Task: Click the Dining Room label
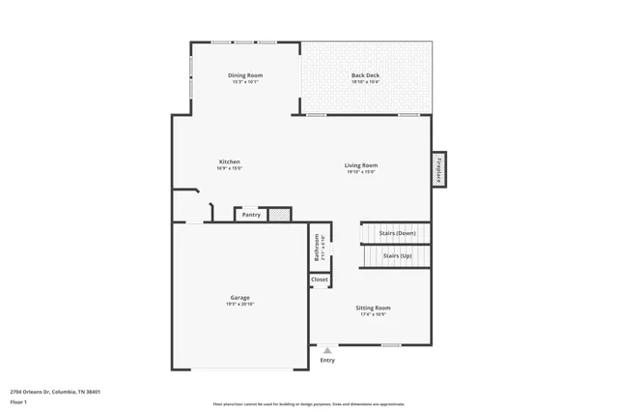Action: point(245,75)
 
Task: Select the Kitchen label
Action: point(229,162)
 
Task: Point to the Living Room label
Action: point(361,165)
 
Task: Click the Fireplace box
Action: point(438,169)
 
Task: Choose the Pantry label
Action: point(251,215)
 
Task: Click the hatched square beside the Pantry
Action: point(279,214)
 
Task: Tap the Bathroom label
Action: point(317,247)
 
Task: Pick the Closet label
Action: point(320,280)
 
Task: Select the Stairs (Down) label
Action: point(397,233)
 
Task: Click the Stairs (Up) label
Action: point(397,256)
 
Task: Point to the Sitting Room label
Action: point(373,308)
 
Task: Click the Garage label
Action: point(239,298)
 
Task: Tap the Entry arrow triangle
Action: point(327,351)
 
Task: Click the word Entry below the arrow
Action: point(327,361)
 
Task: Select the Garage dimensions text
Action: point(239,304)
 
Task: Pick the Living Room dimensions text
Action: point(361,171)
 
